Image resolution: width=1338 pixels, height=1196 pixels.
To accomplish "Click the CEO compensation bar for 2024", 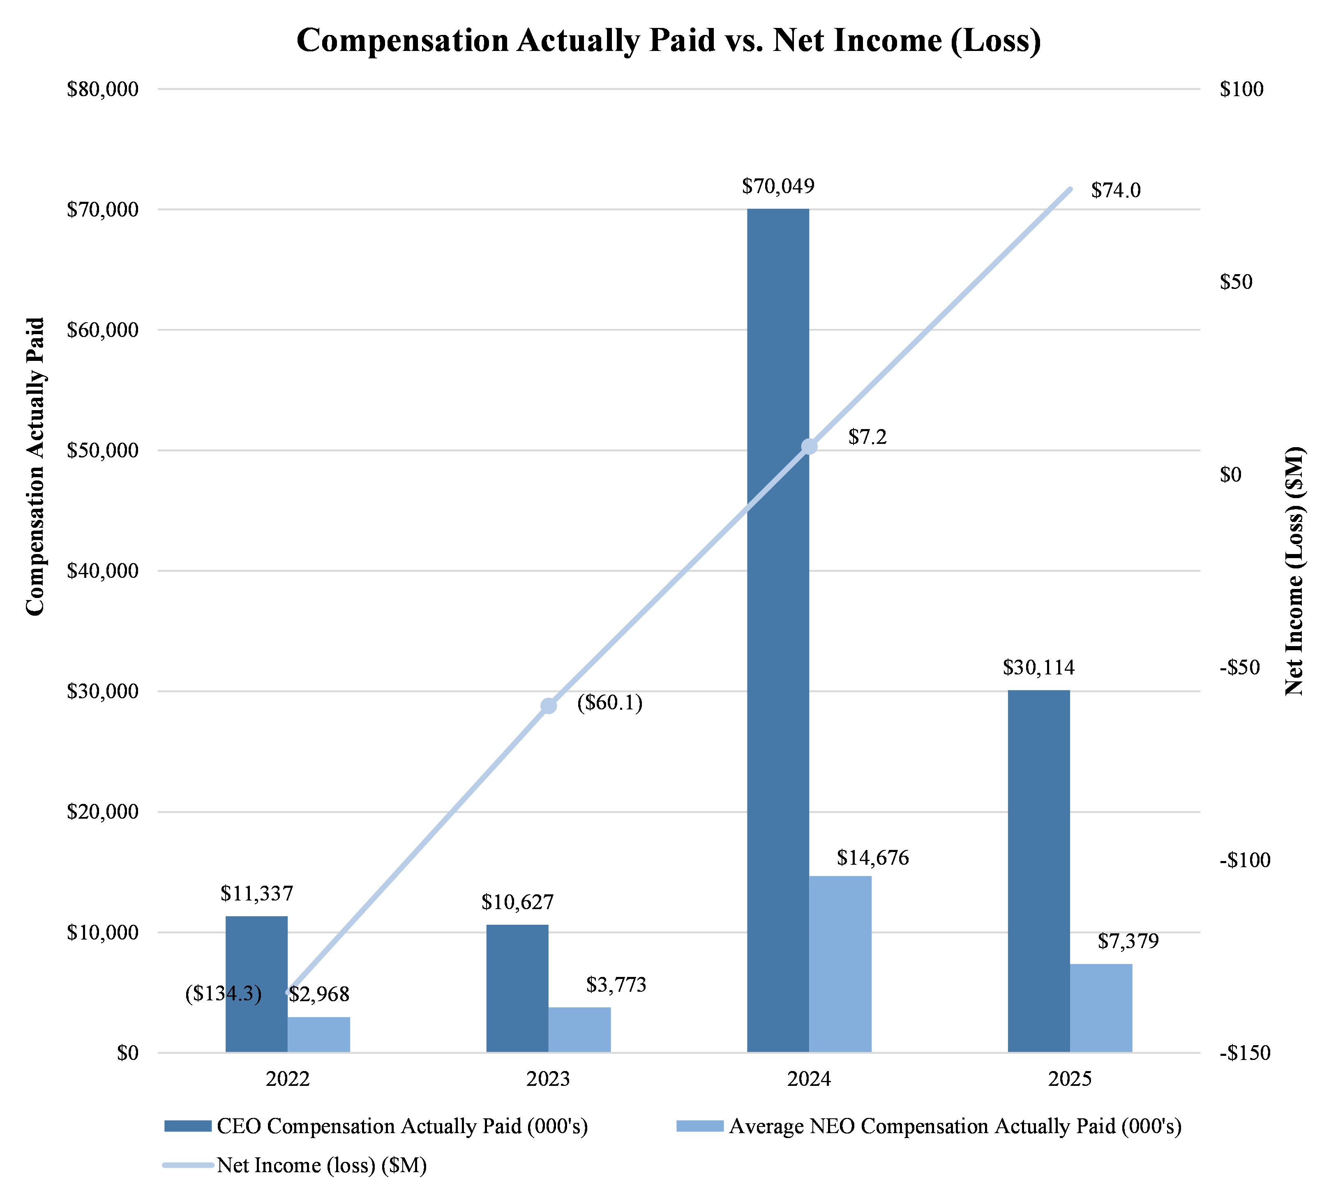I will pyautogui.click(x=778, y=631).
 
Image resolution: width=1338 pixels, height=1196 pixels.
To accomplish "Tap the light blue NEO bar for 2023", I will pyautogui.click(x=580, y=1030).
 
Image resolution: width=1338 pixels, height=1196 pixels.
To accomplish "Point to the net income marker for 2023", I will pyautogui.click(x=549, y=706).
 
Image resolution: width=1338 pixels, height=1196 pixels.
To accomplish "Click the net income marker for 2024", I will pyautogui.click(x=809, y=447).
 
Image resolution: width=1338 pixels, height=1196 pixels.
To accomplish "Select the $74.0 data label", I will pyautogui.click(x=1116, y=191).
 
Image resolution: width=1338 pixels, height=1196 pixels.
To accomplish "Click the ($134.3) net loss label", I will pyautogui.click(x=224, y=994).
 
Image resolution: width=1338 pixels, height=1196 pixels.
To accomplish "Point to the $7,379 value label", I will pyautogui.click(x=1128, y=941).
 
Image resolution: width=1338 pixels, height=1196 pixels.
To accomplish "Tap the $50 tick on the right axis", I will pyautogui.click(x=1236, y=282).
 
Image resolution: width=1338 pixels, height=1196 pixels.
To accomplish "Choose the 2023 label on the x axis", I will pyautogui.click(x=548, y=1079).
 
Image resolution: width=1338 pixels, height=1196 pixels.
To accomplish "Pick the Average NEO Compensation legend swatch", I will pyautogui.click(x=699, y=1127).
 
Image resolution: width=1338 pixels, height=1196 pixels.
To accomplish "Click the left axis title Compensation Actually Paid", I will pyautogui.click(x=35, y=466).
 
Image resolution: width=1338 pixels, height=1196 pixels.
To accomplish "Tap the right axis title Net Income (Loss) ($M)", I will pyautogui.click(x=1294, y=572).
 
